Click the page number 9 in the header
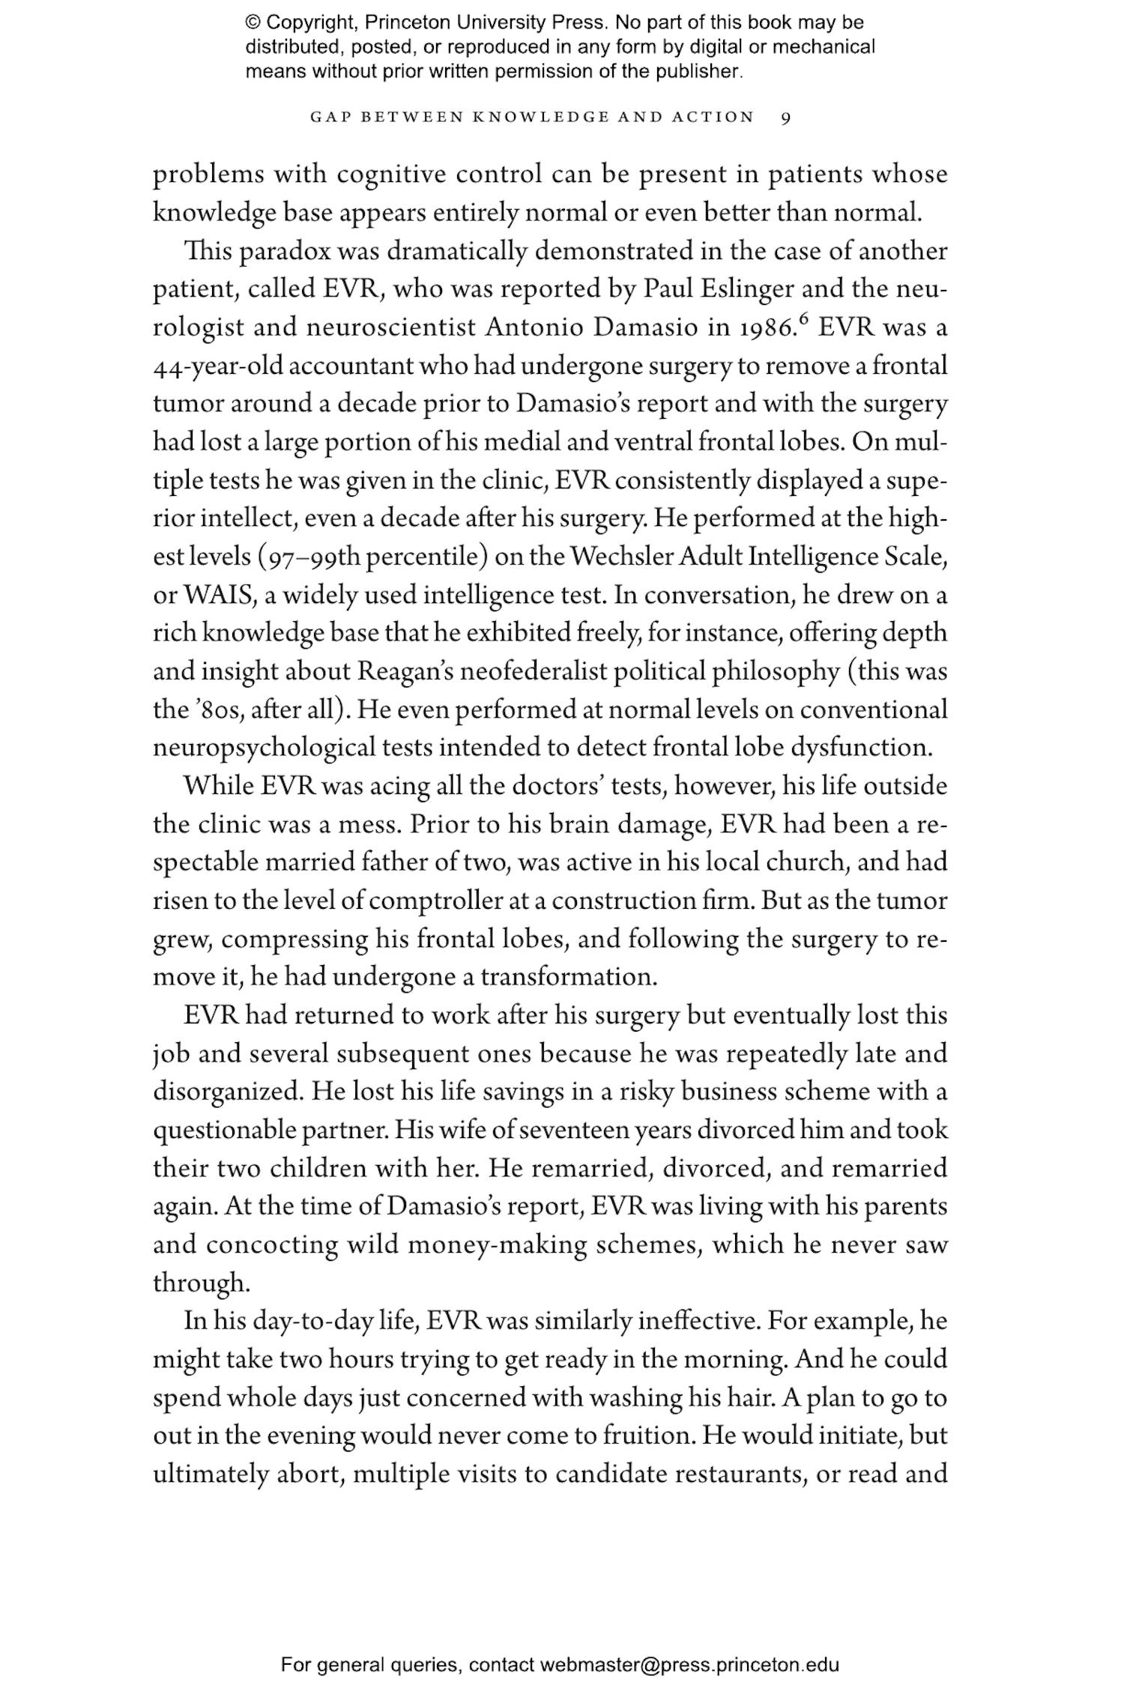pyautogui.click(x=785, y=118)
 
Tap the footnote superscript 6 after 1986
pyautogui.click(x=805, y=319)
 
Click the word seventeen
pyautogui.click(x=566, y=1130)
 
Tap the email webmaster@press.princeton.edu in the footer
pyautogui.click(x=689, y=1666)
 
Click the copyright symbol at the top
pyautogui.click(x=253, y=22)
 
